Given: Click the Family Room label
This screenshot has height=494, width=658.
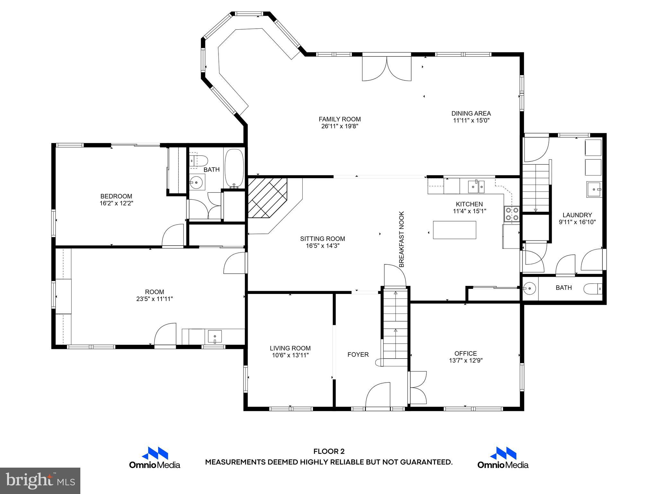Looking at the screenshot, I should tap(340, 119).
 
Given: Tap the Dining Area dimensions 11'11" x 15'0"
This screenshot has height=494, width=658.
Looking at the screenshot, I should tap(471, 121).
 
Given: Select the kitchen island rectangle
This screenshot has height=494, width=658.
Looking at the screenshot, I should tap(454, 230).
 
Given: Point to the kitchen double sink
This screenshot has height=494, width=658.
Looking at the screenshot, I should tap(476, 186).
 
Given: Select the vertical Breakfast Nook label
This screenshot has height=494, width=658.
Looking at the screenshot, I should tap(402, 239).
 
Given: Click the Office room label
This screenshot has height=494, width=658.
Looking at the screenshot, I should tap(466, 353).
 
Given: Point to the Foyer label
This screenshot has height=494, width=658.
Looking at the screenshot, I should tap(358, 354).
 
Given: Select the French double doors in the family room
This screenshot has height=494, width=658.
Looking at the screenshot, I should tap(387, 69).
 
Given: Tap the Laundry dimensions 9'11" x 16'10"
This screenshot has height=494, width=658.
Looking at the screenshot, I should tap(577, 222).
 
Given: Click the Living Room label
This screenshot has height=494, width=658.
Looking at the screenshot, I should tap(290, 348).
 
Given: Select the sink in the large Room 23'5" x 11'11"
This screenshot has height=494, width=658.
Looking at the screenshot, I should tap(215, 336).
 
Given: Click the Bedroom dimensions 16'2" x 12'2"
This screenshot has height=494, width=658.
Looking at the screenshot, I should tap(116, 203).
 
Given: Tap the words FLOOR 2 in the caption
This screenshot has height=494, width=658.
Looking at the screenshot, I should tap(329, 452).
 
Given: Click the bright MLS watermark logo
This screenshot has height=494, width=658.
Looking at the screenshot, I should tap(40, 480).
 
